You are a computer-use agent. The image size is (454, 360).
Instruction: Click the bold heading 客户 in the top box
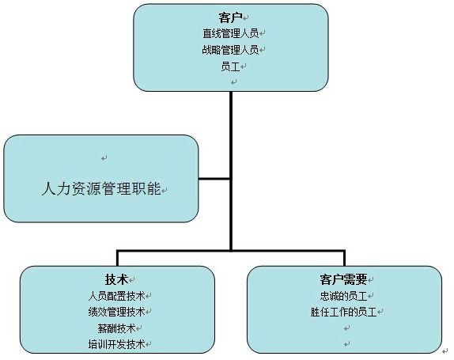[230, 17]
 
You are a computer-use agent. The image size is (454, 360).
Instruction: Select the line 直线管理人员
[230, 33]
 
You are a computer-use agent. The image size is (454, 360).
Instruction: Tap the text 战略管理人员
[230, 50]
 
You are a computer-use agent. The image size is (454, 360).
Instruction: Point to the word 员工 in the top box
[230, 66]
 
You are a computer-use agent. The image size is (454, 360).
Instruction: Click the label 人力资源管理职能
[101, 188]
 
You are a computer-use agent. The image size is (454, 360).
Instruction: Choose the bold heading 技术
[116, 279]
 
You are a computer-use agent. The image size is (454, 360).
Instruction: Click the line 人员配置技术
[117, 296]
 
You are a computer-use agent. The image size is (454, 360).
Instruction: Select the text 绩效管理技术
[117, 312]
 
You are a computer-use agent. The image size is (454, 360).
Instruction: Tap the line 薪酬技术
[117, 328]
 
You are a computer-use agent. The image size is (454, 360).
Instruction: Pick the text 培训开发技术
[117, 344]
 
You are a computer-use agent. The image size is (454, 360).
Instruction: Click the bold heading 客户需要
[344, 279]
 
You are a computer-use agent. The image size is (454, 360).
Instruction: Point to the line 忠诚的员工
[344, 296]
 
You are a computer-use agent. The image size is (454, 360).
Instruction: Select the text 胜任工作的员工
[344, 312]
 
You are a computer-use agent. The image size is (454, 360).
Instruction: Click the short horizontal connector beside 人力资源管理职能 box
[214, 179]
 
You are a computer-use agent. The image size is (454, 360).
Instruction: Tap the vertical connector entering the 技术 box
[117, 258]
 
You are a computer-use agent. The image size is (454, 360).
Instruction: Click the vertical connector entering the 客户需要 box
[344, 258]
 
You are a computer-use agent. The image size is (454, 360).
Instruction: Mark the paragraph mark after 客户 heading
[245, 18]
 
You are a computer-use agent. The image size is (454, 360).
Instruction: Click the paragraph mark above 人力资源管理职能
[104, 158]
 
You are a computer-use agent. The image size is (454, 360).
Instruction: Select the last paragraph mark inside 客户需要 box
[347, 344]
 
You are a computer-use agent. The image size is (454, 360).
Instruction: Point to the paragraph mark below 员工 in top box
[233, 82]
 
